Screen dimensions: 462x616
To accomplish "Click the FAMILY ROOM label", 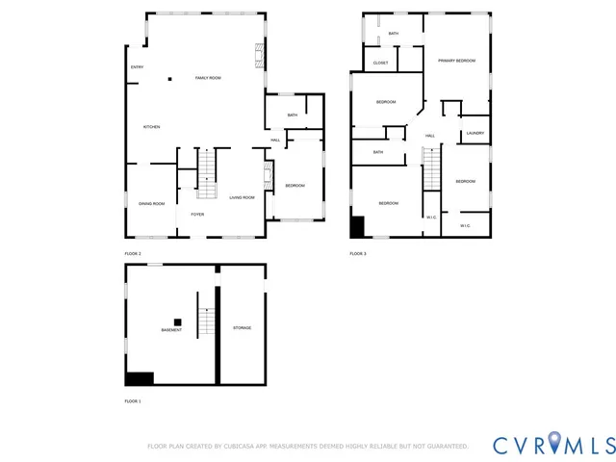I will coord(208,78).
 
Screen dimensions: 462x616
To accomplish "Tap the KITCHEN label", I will coord(151,127).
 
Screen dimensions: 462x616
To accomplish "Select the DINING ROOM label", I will coord(151,204).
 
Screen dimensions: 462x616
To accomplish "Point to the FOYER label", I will coord(197,215).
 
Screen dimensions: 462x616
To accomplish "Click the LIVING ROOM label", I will coord(242,197).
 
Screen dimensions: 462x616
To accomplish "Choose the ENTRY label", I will coord(137,66).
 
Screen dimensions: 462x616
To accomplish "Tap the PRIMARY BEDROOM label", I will coord(456,61).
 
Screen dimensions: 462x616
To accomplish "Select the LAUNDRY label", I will coord(475,134).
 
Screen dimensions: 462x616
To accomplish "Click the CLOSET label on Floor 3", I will coord(381,64).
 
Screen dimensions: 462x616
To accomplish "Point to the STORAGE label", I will coord(242,328).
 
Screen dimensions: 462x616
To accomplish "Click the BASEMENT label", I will coord(171,330).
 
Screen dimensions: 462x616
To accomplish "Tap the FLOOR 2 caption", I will coord(133,253).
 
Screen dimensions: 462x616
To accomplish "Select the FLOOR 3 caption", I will coord(358,253).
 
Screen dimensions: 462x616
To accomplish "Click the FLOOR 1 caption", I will coord(133,400).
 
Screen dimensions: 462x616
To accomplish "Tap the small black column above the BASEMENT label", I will coord(177,321).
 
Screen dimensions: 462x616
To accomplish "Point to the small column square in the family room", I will coord(169,78).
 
